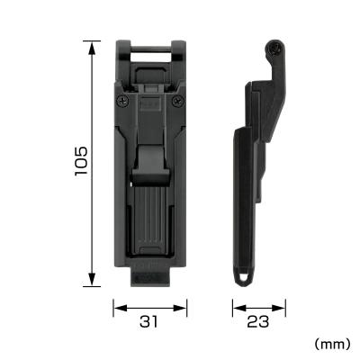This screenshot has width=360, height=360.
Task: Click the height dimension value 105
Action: click(81, 161)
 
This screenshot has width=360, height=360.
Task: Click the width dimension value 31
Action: click(151, 322)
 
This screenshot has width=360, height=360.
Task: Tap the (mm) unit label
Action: click(332, 344)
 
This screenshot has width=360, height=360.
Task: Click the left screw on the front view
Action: click(121, 102)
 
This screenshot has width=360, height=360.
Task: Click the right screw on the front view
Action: click(181, 102)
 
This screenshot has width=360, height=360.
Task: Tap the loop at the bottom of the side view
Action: click(243, 275)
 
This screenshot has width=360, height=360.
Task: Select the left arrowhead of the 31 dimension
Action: click(116, 308)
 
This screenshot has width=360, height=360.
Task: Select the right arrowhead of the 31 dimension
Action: click(186, 308)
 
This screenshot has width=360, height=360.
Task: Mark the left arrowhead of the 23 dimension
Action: click(236, 308)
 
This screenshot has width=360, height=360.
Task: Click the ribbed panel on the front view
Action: click(150, 216)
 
